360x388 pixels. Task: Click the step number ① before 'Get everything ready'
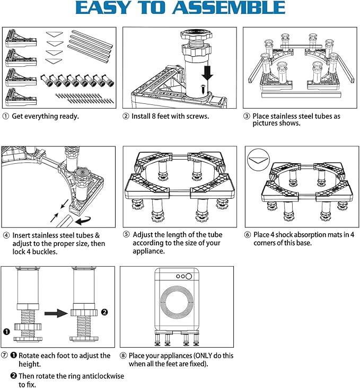(x=5, y=116)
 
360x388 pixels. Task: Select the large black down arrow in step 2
(x=207, y=70)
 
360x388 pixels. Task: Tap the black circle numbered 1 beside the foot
(x=6, y=332)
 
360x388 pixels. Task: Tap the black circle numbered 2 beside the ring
(x=104, y=312)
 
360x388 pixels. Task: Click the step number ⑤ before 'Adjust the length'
(x=126, y=235)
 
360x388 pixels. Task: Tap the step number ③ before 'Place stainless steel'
(x=247, y=116)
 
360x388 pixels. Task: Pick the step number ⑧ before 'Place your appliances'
(x=124, y=356)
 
